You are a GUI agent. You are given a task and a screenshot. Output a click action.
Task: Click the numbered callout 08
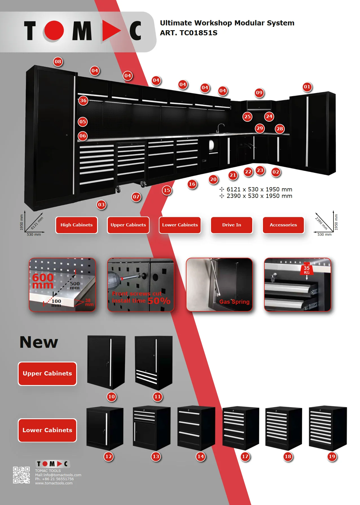pyautogui.click(x=58, y=62)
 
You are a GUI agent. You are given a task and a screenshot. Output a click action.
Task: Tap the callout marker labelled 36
pyautogui.click(x=83, y=100)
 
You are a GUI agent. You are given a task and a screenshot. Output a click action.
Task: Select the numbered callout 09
pyautogui.click(x=259, y=93)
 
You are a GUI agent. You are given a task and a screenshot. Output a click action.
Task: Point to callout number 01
pyautogui.click(x=307, y=87)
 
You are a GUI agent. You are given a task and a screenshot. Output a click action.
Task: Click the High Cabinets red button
pyautogui.click(x=76, y=225)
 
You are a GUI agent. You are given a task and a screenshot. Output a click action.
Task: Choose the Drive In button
pyautogui.click(x=232, y=225)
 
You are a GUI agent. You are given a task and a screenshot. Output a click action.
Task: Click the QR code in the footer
pyautogui.click(x=21, y=475)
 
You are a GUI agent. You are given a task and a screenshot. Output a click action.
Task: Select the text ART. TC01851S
pyautogui.click(x=188, y=33)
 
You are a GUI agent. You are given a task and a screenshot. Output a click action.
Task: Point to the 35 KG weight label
pyautogui.click(x=307, y=270)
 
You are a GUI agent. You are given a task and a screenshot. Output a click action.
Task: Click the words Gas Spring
pyautogui.click(x=234, y=302)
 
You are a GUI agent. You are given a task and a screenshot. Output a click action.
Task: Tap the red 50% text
pyautogui.click(x=159, y=301)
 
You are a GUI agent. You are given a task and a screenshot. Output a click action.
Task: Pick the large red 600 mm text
pyautogui.click(x=43, y=281)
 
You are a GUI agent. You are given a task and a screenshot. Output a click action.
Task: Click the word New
pyautogui.click(x=39, y=342)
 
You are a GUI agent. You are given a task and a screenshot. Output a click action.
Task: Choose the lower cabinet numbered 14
pyautogui.click(x=196, y=428)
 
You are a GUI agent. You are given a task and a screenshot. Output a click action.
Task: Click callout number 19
pyautogui.click(x=332, y=456)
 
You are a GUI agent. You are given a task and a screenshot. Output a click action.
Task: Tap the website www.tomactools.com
pyautogui.click(x=54, y=483)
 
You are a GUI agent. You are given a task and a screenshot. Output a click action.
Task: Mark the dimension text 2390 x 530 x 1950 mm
pyautogui.click(x=259, y=196)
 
